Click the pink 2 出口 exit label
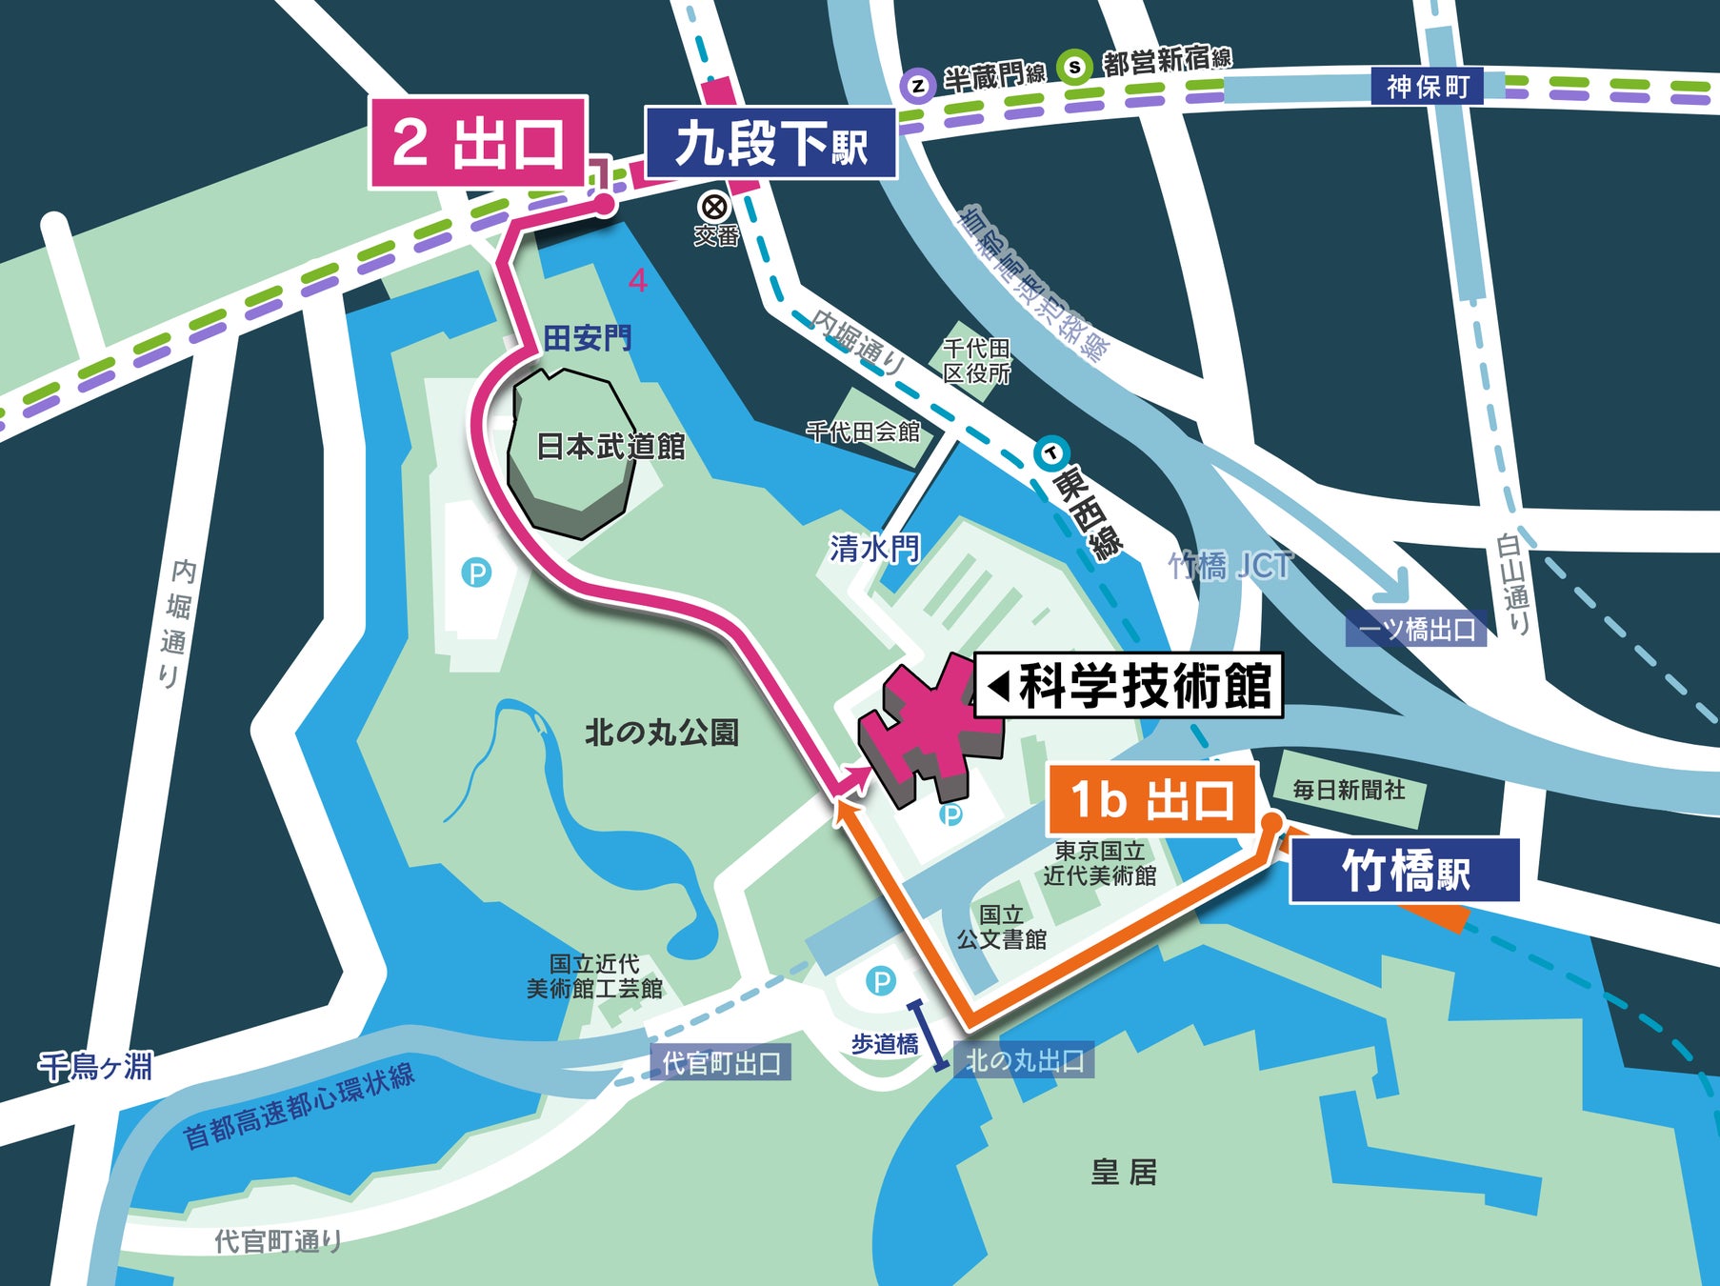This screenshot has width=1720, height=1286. click(478, 143)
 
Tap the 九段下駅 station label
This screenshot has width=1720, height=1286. click(770, 144)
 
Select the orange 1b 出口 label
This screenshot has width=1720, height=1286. click(1151, 799)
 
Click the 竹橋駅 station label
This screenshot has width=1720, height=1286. click(1404, 871)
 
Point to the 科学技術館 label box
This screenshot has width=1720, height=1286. click(1130, 685)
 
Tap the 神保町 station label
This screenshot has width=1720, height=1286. click(1427, 87)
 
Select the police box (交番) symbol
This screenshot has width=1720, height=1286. click(713, 206)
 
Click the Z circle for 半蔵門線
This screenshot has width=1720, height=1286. click(917, 86)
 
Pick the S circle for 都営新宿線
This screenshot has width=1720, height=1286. click(1075, 68)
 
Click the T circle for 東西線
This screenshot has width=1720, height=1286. click(1052, 453)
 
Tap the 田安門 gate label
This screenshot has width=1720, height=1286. click(587, 338)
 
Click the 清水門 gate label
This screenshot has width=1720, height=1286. click(874, 548)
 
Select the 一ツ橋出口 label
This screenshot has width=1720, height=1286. click(1416, 630)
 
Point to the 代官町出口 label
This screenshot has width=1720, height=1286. click(721, 1063)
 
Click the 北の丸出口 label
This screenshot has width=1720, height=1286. click(1025, 1060)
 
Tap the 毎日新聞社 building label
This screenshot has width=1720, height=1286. click(1348, 790)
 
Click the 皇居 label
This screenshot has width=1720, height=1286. click(1124, 1172)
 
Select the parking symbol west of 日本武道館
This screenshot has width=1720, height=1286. click(476, 573)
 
